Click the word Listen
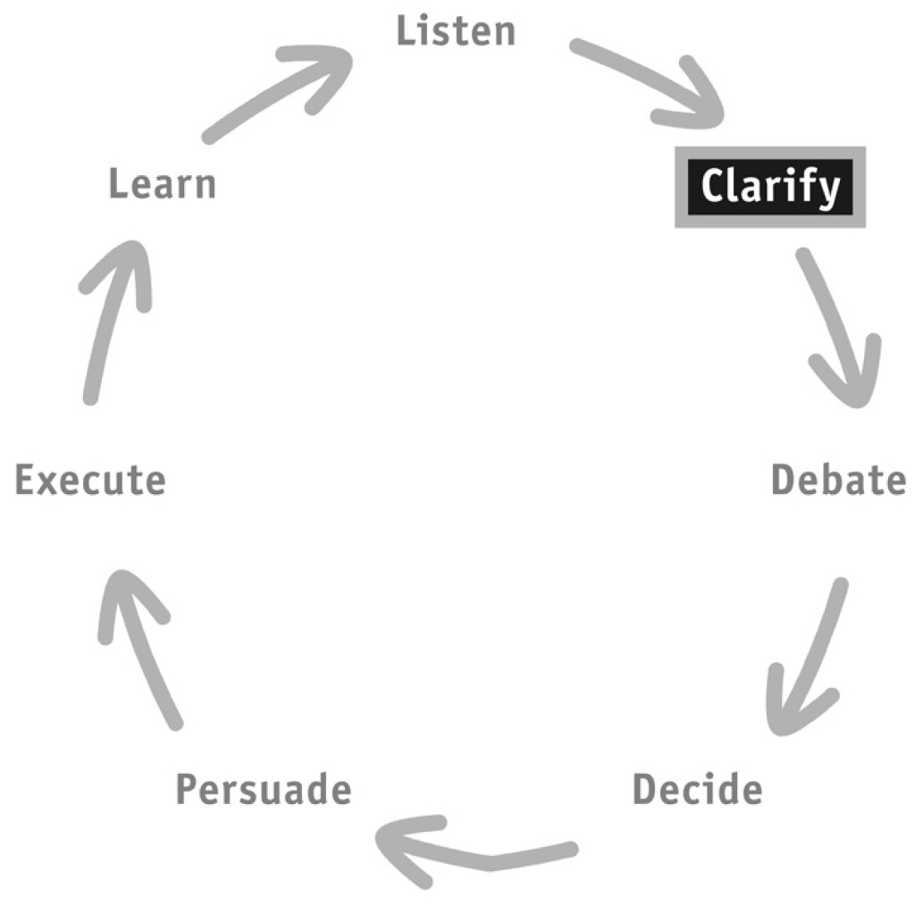coord(456,31)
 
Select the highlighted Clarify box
coord(770,187)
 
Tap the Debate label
coord(838,480)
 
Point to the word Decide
coord(697,789)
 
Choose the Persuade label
coord(264,789)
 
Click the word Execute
coord(90,480)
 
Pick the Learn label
coord(163,183)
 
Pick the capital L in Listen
coord(406,31)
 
